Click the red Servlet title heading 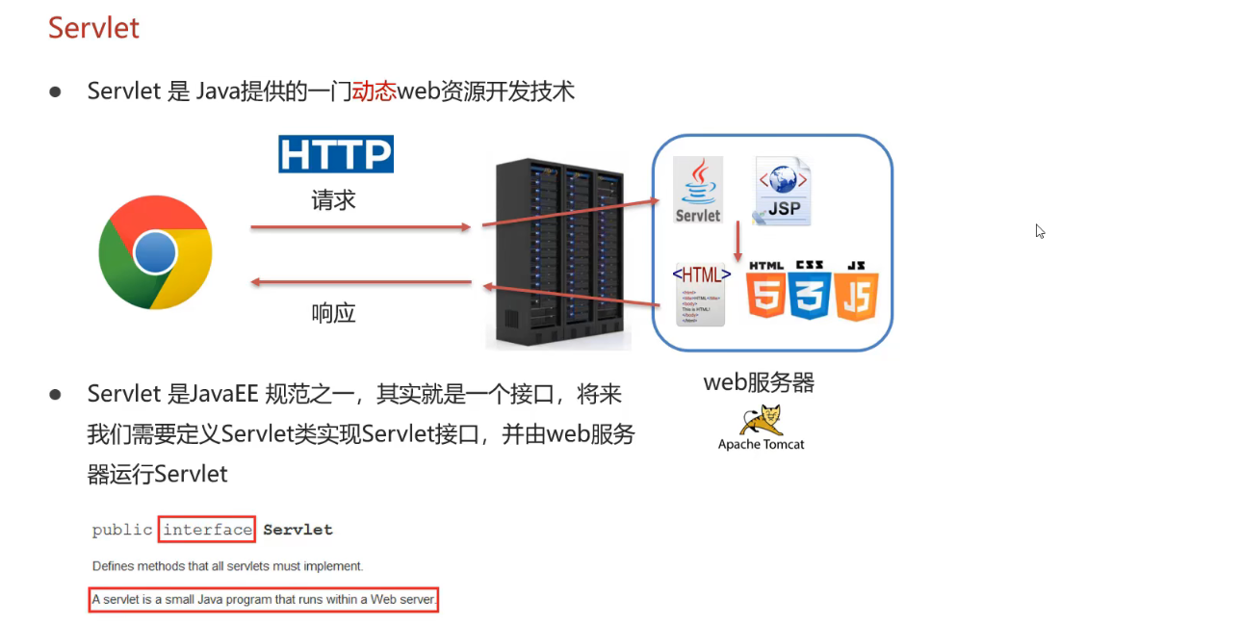(93, 28)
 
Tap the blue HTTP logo (336, 154)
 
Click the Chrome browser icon (155, 252)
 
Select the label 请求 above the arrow (333, 200)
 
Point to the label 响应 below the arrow (333, 313)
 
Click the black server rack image (558, 252)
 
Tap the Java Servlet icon (698, 191)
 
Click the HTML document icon (701, 293)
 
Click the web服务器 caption (759, 382)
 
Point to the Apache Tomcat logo (761, 428)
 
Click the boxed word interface (207, 530)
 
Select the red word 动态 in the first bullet (375, 91)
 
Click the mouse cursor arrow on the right (1040, 231)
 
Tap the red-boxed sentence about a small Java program (264, 600)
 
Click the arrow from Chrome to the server (360, 227)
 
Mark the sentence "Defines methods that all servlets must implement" (227, 565)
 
